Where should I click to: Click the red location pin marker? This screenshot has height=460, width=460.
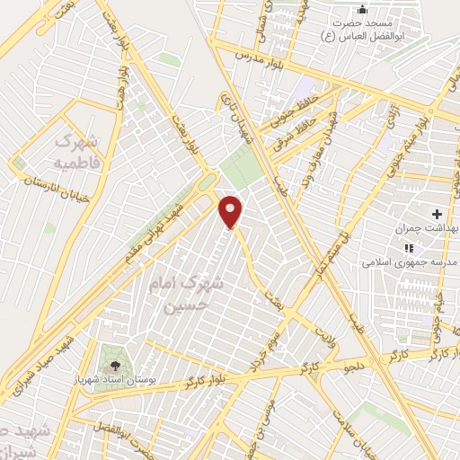point(232,212)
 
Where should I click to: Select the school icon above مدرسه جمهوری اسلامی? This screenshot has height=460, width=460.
point(409,248)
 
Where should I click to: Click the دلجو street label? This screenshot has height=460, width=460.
point(352,367)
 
